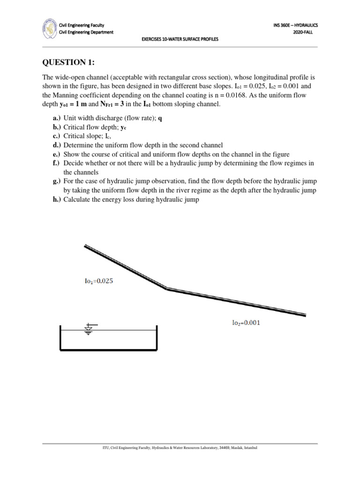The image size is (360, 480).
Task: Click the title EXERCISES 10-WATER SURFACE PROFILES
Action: pos(180,39)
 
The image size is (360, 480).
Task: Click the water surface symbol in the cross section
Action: pos(89,329)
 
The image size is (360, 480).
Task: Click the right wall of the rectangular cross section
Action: pos(156,337)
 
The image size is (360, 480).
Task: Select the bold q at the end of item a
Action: pos(160,119)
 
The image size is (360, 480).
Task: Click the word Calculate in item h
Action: pos(78,200)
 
